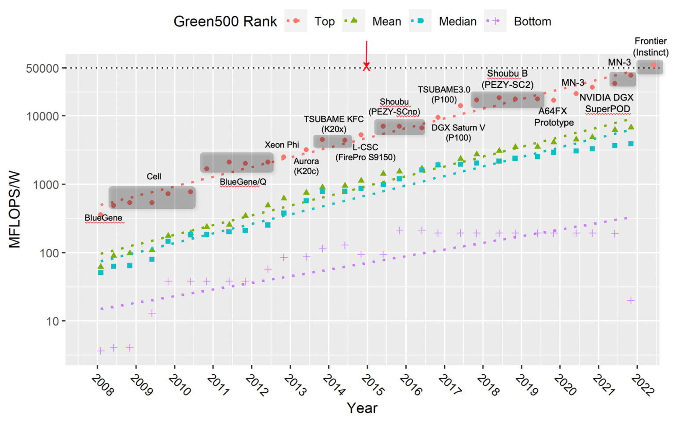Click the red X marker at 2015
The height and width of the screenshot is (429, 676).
click(x=366, y=67)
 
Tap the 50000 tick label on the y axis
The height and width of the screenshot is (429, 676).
click(x=43, y=68)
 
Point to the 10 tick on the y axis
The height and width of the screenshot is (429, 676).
click(x=52, y=322)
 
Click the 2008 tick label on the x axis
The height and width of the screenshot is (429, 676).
click(x=102, y=385)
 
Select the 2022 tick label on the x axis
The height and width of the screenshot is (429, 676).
click(x=643, y=385)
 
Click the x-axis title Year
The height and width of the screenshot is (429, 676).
click(x=362, y=408)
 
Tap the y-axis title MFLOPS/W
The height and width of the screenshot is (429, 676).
click(x=15, y=210)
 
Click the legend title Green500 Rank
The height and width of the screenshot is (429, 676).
click(x=225, y=21)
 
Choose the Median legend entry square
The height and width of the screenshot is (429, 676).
click(x=420, y=21)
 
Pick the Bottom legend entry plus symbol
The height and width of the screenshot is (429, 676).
click(x=496, y=21)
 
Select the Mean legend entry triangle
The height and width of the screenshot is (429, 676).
click(x=354, y=20)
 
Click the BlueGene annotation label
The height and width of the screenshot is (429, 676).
click(x=103, y=218)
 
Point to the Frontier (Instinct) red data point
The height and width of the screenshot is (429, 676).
click(x=654, y=65)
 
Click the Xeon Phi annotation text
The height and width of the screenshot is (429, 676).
click(x=282, y=144)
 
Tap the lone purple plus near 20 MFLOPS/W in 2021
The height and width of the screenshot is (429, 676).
click(x=631, y=300)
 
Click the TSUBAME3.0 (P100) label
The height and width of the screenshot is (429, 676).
click(x=444, y=95)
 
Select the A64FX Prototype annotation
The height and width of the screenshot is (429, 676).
click(x=554, y=117)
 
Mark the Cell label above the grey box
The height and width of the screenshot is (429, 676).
click(x=154, y=176)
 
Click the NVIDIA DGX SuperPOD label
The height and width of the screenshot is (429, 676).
click(x=606, y=103)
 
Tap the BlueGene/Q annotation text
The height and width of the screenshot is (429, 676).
click(x=242, y=182)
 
